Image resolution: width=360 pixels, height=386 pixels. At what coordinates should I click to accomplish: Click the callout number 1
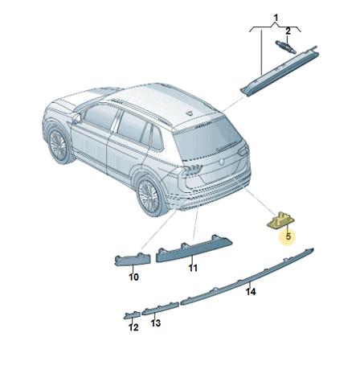276,18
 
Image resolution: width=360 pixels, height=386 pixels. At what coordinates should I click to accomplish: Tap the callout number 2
288,31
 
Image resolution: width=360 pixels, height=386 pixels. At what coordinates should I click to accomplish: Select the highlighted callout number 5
288,236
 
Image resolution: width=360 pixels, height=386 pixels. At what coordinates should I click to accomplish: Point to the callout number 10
133,277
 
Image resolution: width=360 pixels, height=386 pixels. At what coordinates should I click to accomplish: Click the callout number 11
193,268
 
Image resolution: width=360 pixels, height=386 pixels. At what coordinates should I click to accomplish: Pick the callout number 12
133,327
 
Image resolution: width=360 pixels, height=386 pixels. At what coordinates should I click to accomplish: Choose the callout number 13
156,323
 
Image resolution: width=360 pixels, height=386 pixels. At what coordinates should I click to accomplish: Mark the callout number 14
251,292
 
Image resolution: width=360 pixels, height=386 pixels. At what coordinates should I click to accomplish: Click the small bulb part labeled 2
285,47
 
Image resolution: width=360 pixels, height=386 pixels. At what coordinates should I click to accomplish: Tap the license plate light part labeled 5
280,220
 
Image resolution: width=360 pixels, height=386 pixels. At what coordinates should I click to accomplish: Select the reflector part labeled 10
133,260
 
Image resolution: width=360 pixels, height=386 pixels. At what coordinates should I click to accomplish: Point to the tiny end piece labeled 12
132,315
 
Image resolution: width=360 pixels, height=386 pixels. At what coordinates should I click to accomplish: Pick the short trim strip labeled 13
160,309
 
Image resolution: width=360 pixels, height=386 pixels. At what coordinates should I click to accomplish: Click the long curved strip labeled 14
247,277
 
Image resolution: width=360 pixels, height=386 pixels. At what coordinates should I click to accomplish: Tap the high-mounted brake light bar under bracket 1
280,70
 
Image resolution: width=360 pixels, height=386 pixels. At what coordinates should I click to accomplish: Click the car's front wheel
58,145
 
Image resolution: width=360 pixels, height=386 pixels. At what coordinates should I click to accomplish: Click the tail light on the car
192,170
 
